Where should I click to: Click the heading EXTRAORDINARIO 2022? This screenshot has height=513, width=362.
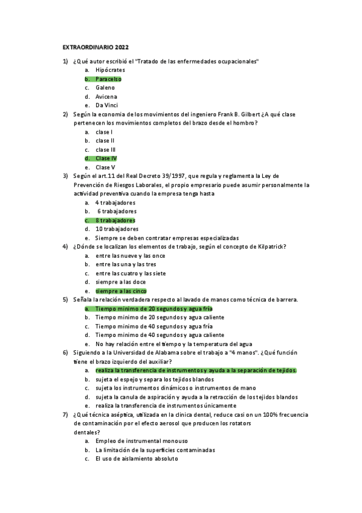click(x=95, y=47)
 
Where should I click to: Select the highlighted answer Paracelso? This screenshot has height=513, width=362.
click(x=108, y=79)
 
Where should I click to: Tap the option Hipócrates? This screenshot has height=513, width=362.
click(x=111, y=70)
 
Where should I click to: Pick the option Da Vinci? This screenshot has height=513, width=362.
click(x=106, y=105)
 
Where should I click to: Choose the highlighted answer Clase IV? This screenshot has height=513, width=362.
click(x=106, y=158)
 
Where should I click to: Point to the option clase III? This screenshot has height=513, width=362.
click(x=106, y=149)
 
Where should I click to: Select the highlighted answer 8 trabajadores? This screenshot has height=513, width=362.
click(x=115, y=220)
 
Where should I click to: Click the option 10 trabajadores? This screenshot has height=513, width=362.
click(x=117, y=229)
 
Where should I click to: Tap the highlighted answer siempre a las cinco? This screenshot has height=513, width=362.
click(x=121, y=291)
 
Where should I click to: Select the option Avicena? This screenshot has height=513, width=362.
click(x=106, y=97)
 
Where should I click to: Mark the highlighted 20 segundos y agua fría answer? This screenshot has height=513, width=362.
click(x=154, y=309)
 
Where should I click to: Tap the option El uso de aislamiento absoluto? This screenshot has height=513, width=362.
click(x=137, y=459)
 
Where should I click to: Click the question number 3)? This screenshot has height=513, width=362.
click(x=65, y=176)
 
